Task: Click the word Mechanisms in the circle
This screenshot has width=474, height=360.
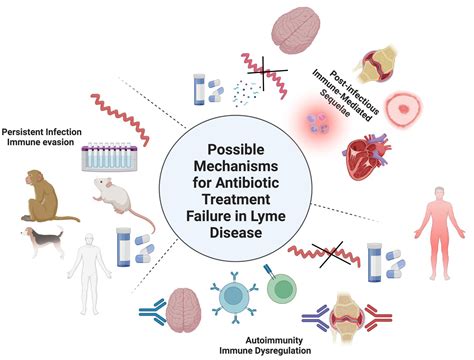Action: point(235,163)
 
